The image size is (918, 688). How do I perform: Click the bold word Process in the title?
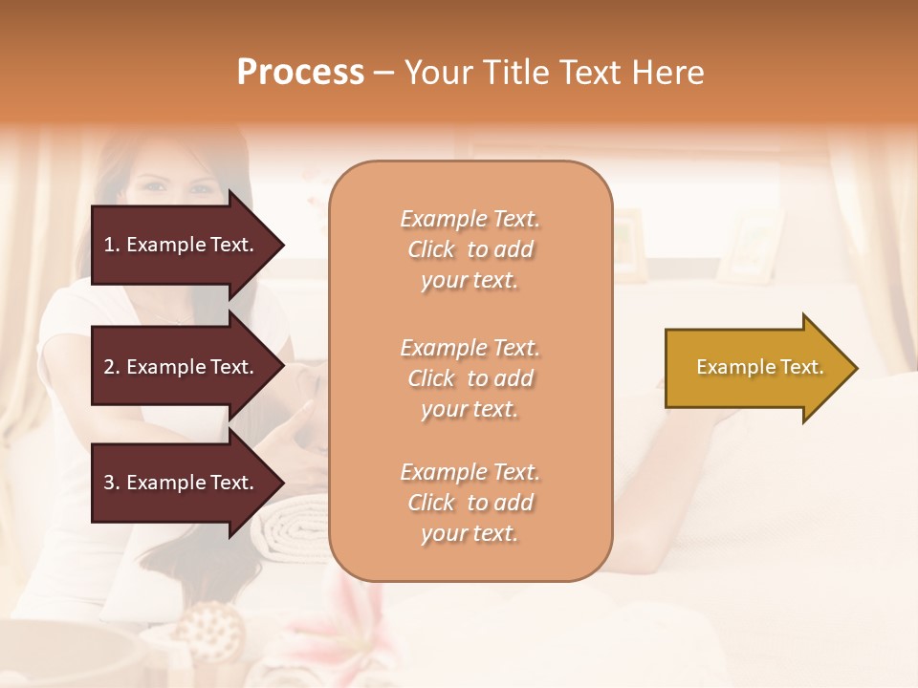point(300,73)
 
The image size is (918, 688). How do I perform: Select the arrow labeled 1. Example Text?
point(182,245)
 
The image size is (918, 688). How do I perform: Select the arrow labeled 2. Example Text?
point(182,367)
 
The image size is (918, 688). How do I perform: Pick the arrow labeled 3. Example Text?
point(182,483)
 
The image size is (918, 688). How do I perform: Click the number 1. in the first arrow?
point(112,245)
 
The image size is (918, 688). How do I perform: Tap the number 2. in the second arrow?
point(112,367)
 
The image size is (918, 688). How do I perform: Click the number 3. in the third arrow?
point(112,483)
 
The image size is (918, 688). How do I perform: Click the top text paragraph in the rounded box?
point(470,249)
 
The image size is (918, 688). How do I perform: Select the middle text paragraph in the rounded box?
point(470,378)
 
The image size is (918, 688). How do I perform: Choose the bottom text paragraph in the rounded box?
point(470,503)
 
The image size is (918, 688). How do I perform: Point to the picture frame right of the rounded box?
point(751,246)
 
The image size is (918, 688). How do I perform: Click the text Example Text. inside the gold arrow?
point(759,367)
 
